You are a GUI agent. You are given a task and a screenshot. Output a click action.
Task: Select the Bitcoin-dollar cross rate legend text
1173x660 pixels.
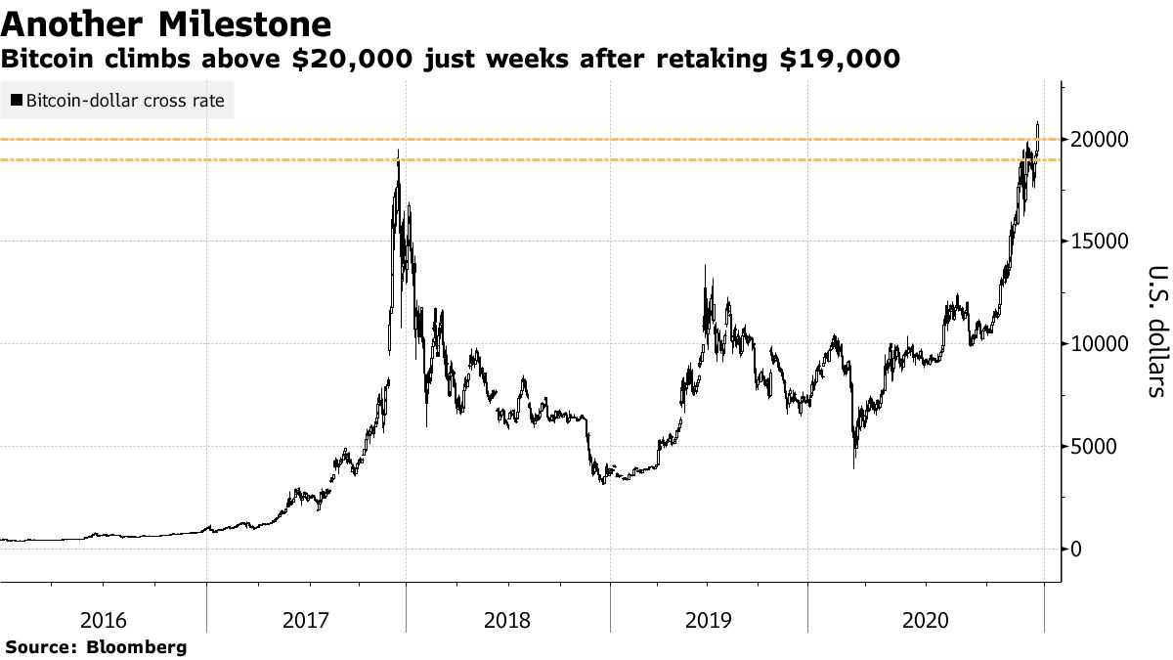[124, 100]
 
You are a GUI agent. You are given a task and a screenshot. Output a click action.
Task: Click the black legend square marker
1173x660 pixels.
[16, 100]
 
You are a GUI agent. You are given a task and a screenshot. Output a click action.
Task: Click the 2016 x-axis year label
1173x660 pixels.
[104, 620]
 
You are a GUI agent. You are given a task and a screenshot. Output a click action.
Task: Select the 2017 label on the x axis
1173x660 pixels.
[305, 620]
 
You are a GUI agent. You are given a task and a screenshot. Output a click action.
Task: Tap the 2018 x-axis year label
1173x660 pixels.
[506, 620]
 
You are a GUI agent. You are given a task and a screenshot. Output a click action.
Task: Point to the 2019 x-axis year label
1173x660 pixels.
[708, 620]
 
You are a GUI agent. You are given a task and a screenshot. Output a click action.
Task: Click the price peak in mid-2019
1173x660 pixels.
[705, 265]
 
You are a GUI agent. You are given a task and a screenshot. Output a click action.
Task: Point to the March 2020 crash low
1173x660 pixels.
[854, 466]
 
